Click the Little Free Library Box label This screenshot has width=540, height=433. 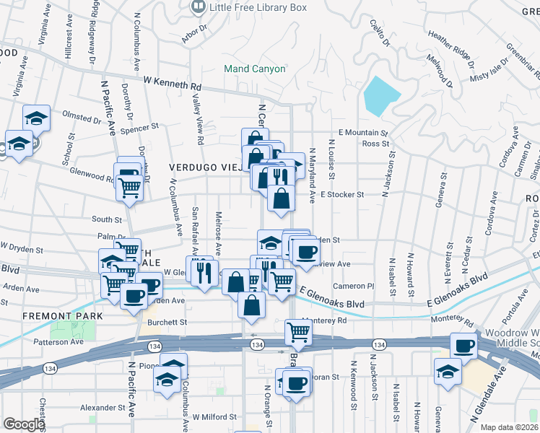coord(258,7)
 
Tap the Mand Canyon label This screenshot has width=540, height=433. coord(255,69)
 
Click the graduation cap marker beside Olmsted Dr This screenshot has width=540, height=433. coord(36,118)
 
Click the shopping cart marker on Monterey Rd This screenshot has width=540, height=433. coord(297,331)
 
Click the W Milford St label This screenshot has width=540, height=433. coord(214,417)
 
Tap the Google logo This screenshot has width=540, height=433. coord(24,424)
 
